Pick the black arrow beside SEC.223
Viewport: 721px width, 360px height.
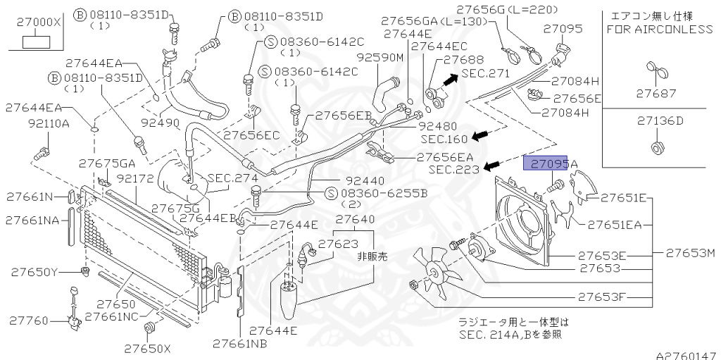(x=494, y=166)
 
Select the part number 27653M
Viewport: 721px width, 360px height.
(x=691, y=252)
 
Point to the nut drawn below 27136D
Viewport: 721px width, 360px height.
(x=655, y=148)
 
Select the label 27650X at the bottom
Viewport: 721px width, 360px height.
(x=147, y=348)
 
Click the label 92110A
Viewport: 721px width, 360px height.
(x=49, y=123)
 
